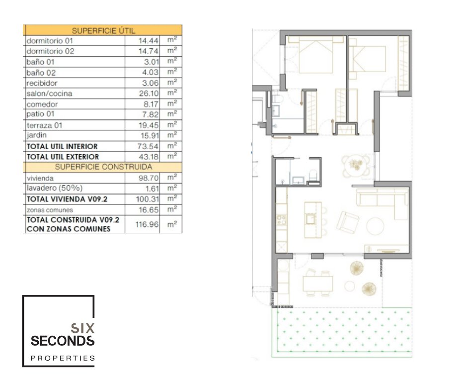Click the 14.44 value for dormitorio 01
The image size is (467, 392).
(x=149, y=41)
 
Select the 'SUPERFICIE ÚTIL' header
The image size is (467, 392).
(x=103, y=30)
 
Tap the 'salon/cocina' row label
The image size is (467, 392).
(x=49, y=94)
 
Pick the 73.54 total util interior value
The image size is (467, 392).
(x=148, y=146)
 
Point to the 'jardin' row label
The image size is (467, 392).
(x=36, y=135)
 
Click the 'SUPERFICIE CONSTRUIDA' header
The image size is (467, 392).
(x=103, y=167)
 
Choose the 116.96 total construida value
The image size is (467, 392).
(x=147, y=224)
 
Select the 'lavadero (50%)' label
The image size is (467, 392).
(x=55, y=188)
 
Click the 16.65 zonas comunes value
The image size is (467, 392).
(x=149, y=210)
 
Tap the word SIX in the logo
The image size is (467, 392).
(x=82, y=328)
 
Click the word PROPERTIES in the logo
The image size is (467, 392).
(x=63, y=358)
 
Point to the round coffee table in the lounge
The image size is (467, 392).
(x=375, y=226)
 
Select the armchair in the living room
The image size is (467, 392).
(x=347, y=222)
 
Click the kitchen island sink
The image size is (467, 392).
(x=311, y=219)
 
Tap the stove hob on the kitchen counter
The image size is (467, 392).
(x=282, y=220)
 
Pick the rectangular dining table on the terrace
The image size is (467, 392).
(x=318, y=284)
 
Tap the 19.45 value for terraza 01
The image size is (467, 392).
(x=149, y=125)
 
